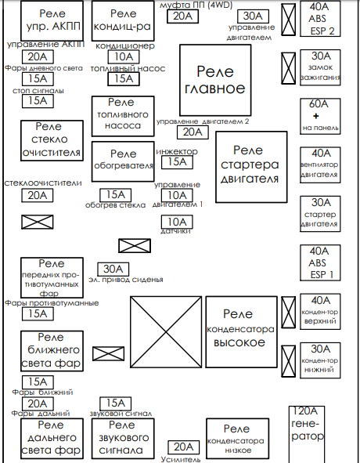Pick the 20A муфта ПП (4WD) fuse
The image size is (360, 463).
(x=181, y=16)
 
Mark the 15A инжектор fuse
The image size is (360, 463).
(x=177, y=162)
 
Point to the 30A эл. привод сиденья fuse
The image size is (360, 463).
(x=112, y=268)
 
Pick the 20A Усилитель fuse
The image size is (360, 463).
(x=182, y=447)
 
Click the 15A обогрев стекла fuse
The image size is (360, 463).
(x=114, y=195)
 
